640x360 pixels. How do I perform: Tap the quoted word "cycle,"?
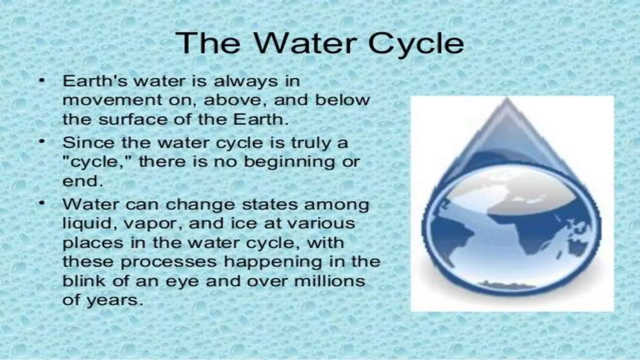pyautogui.click(x=97, y=162)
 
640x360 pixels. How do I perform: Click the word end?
pyautogui.click(x=82, y=181)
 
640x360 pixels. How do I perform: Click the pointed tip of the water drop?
pyautogui.click(x=507, y=99)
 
